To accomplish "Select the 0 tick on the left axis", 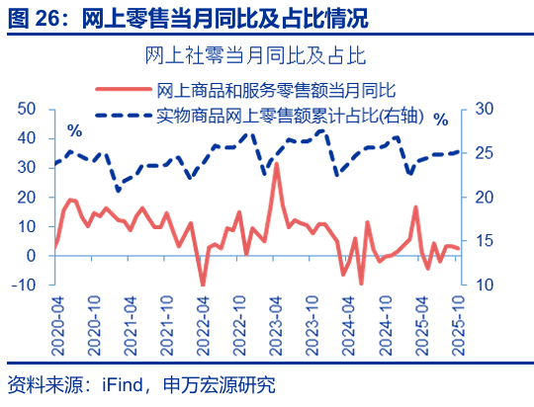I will (33, 256).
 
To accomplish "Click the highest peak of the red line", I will (276, 164).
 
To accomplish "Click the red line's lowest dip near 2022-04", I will (203, 285).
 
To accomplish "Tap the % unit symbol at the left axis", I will (74, 130).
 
